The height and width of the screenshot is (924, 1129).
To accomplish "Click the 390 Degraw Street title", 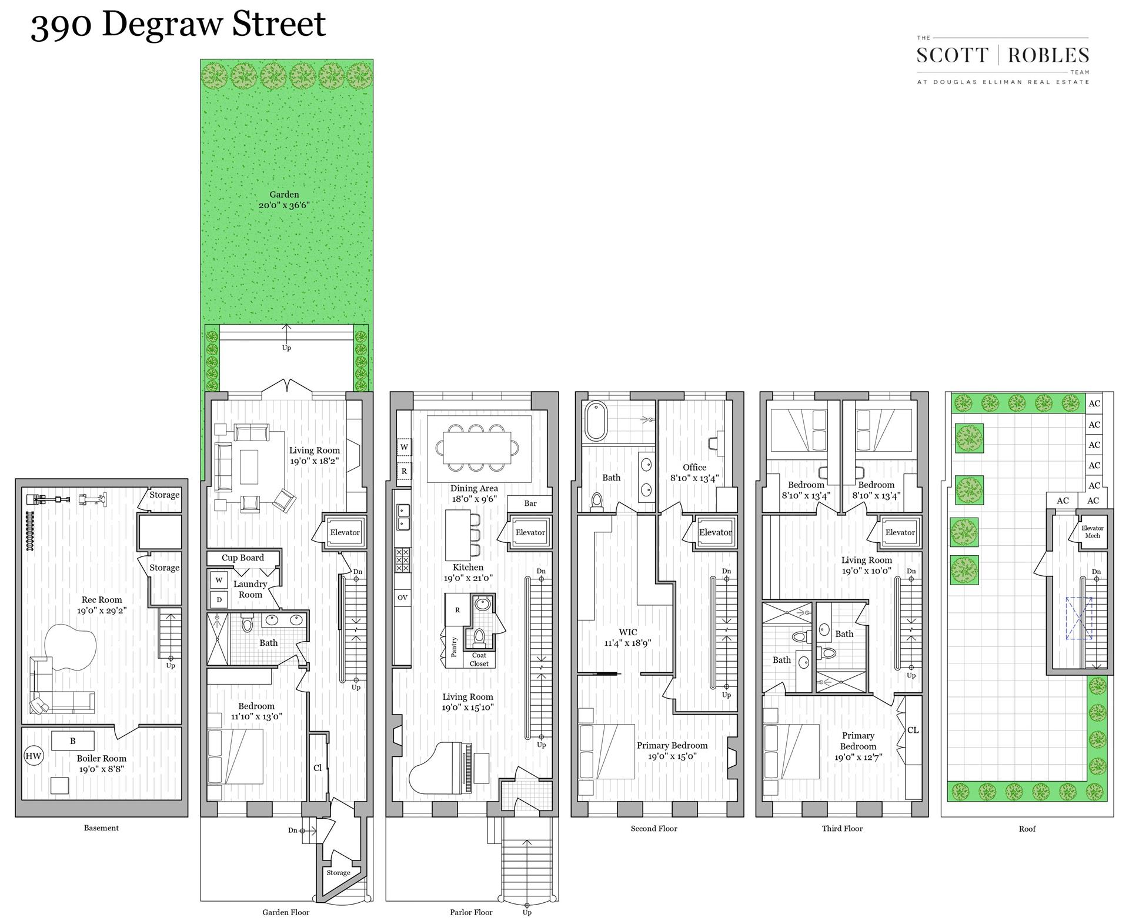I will (178, 25).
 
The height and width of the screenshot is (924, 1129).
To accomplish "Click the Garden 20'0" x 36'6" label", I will (284, 200).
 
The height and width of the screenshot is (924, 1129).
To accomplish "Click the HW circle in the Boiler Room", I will (34, 756).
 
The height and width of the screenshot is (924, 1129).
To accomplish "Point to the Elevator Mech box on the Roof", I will (1092, 532).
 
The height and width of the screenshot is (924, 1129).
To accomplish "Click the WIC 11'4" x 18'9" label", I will (627, 638).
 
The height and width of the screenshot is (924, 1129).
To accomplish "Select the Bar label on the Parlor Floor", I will (530, 503).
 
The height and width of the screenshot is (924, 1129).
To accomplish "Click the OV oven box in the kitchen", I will (402, 598).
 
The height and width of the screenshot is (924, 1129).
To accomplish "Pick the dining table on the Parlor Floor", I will (477, 447).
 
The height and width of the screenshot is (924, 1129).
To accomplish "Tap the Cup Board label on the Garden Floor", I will (242, 558).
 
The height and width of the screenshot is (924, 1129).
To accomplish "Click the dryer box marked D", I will (219, 600).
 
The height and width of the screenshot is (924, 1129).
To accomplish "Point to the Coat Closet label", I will (479, 659).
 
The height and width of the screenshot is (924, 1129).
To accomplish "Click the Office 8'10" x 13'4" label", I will (694, 473).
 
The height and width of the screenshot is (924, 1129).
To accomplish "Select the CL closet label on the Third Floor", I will (913, 730).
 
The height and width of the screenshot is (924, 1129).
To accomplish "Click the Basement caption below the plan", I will (101, 828).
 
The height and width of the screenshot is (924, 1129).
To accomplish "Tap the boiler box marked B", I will (73, 740).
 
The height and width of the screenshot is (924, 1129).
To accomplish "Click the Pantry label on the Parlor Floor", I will (454, 647).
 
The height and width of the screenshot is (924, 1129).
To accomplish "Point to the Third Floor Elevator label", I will (900, 532).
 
